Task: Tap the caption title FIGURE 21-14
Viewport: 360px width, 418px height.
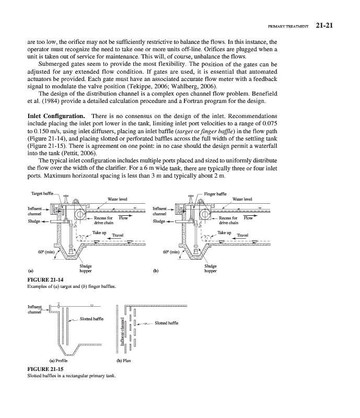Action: coord(44,280)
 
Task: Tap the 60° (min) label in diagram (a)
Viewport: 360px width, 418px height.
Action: coord(44,252)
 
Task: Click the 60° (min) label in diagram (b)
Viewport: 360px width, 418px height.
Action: coord(171,252)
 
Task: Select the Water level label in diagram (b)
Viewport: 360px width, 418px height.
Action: coord(243,199)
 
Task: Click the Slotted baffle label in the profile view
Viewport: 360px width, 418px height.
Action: coord(91,318)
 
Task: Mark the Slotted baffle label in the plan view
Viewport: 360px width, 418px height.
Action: coord(167,323)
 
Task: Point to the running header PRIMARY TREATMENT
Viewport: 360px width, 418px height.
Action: coord(288,25)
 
